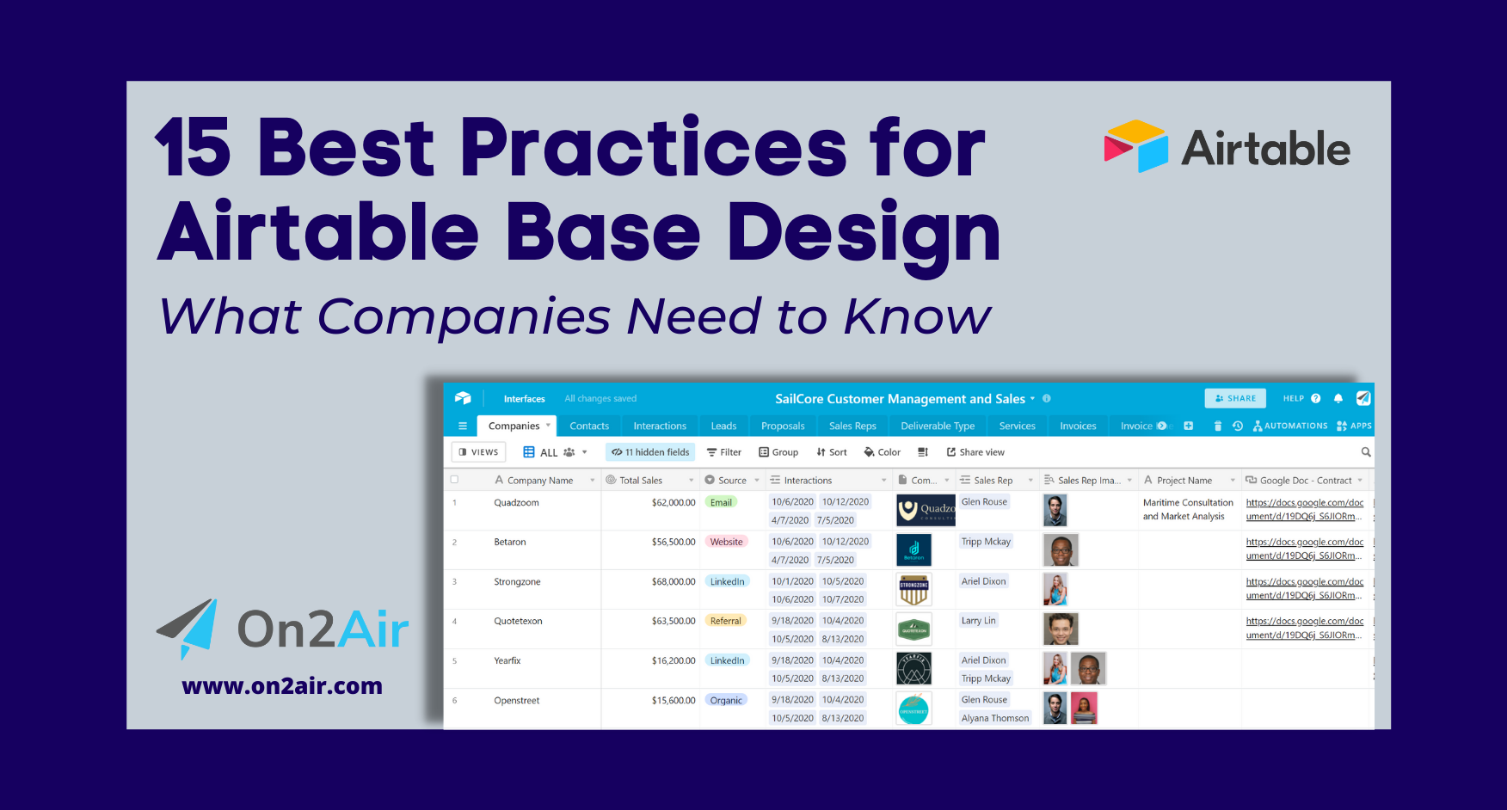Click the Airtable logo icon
1135,146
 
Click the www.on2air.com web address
282,686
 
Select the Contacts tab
589,426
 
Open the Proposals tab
783,426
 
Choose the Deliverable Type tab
938,426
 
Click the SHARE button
1235,398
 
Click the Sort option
832,452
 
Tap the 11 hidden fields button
650,452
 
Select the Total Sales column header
641,481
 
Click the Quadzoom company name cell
516,503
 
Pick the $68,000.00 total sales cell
673,582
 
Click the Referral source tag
725,621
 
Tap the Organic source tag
726,700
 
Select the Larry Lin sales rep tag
978,621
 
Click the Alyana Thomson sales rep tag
994,718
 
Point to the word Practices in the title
654,148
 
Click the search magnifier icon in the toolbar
1366,452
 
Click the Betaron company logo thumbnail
913,549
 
